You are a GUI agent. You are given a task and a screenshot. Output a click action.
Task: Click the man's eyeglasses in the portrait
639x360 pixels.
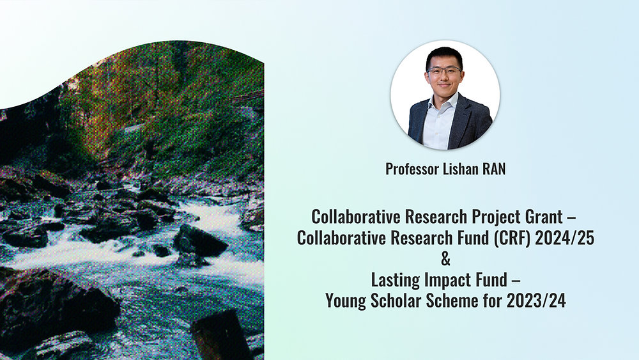tap(444, 70)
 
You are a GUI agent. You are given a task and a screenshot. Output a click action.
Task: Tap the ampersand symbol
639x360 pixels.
tap(446, 258)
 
